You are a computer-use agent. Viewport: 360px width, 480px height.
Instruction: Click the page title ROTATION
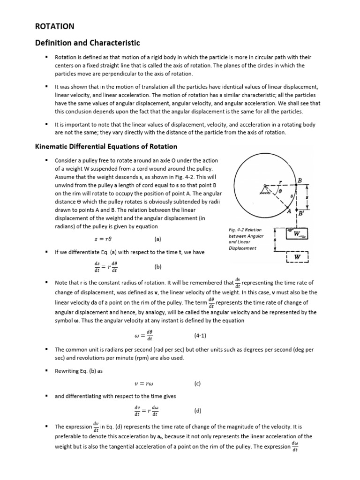click(x=55, y=26)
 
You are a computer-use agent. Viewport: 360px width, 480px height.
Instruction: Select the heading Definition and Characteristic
click(x=88, y=43)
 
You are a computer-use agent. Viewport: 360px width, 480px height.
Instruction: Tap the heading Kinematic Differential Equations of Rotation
click(x=106, y=146)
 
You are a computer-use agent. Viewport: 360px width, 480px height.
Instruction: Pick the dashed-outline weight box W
click(x=296, y=257)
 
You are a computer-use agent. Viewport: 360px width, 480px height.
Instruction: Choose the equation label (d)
click(x=197, y=411)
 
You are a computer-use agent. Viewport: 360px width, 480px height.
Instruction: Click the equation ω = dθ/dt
click(x=143, y=336)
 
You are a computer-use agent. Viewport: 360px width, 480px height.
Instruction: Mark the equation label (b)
click(x=158, y=267)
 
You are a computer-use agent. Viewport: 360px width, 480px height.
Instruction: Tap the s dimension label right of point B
click(x=307, y=197)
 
